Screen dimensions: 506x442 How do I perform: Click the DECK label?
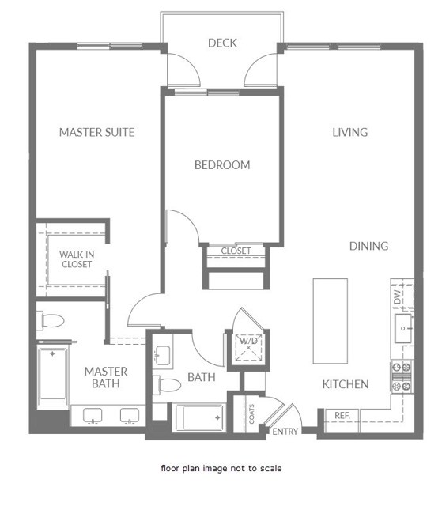[222, 43]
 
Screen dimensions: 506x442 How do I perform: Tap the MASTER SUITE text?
[96, 132]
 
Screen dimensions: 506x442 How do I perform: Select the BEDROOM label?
[222, 165]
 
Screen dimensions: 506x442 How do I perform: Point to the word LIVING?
[349, 132]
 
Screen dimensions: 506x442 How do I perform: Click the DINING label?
[368, 246]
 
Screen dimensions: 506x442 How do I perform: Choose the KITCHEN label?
[346, 384]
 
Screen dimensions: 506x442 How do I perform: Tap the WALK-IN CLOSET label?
[77, 259]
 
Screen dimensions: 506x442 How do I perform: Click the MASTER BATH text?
[106, 377]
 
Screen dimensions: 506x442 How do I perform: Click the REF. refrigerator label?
[342, 415]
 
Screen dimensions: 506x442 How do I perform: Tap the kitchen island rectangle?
[330, 320]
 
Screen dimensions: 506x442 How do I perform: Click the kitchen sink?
[402, 327]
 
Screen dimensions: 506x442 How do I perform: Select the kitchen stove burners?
[402, 376]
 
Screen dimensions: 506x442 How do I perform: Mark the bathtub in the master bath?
[53, 376]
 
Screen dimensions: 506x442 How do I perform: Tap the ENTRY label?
[285, 432]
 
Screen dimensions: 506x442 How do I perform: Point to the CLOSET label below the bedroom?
[236, 251]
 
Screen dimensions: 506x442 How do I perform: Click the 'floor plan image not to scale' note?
[221, 468]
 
